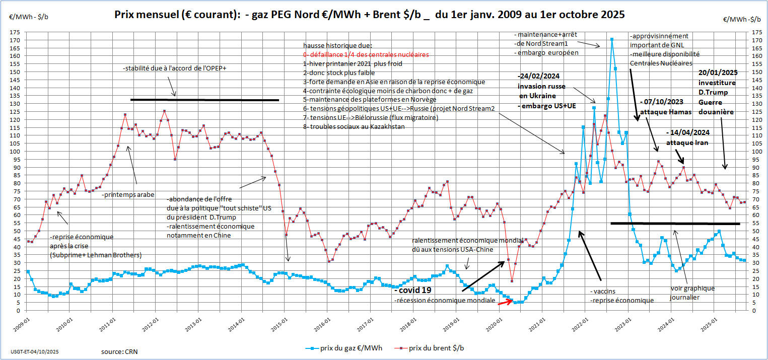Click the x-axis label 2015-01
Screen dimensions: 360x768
283,321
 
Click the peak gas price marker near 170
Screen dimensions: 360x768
611,39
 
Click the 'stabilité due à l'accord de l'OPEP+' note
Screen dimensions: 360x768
174,68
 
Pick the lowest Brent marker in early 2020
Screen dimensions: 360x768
512,281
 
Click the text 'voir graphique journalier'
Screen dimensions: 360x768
692,293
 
